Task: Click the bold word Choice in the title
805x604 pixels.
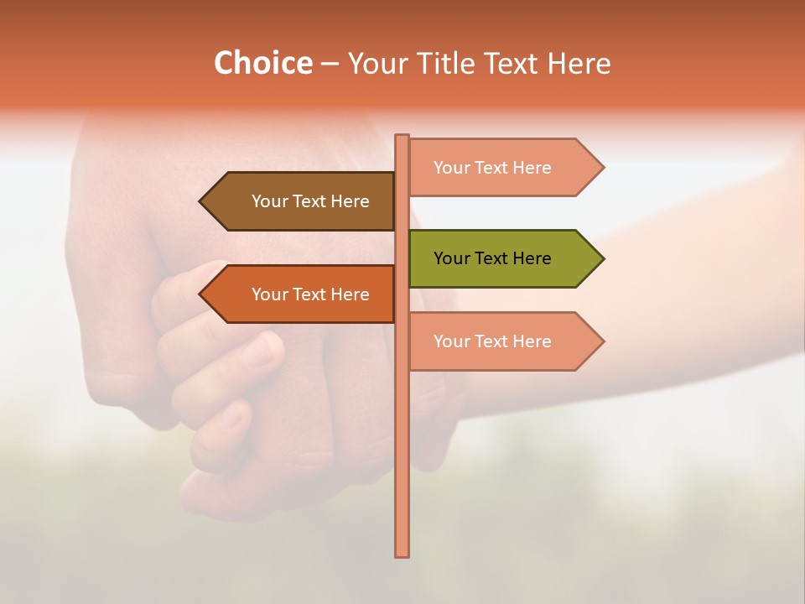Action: (x=262, y=63)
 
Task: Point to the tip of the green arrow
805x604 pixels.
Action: (x=602, y=258)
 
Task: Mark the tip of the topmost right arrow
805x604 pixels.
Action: (x=602, y=168)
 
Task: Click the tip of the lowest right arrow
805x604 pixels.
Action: (x=602, y=341)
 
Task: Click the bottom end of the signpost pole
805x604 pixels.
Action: (x=402, y=555)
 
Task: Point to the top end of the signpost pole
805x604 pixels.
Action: (x=402, y=137)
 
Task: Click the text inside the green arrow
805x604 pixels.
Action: (x=492, y=258)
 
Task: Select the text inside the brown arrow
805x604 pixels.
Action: (x=310, y=201)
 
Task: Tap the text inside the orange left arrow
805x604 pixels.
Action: (x=310, y=294)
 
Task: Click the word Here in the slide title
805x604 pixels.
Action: (x=579, y=63)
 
